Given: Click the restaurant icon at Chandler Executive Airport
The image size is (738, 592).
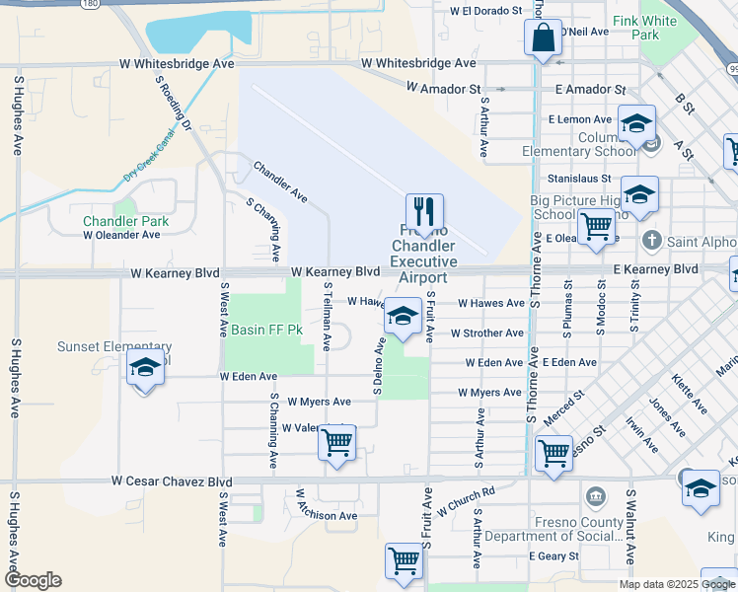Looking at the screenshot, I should tap(424, 212).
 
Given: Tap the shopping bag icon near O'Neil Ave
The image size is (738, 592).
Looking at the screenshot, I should tap(543, 39).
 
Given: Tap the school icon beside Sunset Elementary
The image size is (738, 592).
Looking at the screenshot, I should tap(146, 370).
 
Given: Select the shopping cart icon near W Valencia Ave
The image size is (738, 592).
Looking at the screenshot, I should tap(336, 443).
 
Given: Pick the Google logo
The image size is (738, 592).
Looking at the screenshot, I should tap(33, 580).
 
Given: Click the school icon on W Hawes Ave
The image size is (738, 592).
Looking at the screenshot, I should tap(403, 317).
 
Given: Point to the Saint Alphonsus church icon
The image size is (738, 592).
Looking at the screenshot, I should tap(651, 241).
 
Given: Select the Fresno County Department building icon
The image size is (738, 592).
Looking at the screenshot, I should tap(595, 495).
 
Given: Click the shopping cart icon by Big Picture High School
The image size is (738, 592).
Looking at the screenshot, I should tap(596, 226).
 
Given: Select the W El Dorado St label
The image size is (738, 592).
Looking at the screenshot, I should tap(485, 11).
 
